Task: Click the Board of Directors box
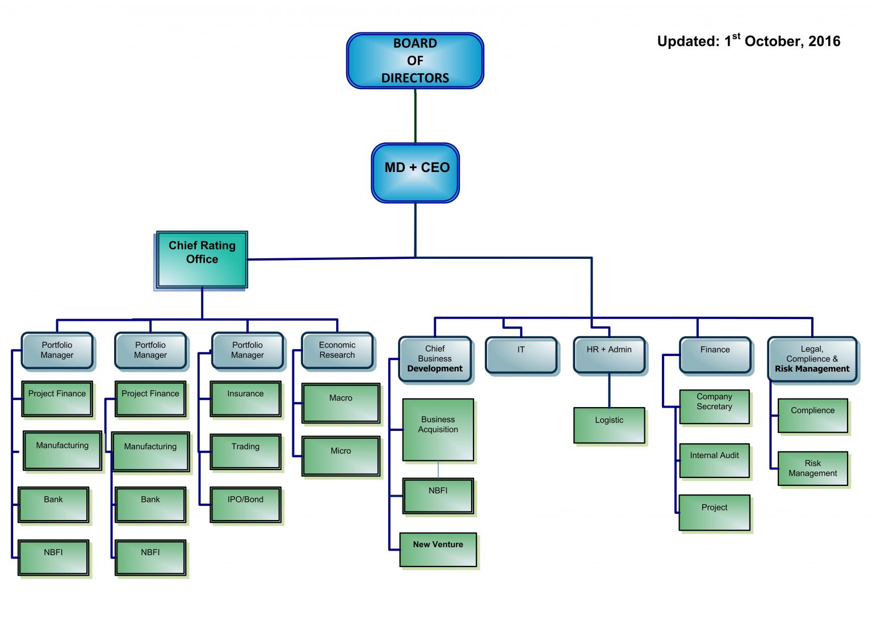(x=415, y=61)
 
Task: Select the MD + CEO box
(x=416, y=173)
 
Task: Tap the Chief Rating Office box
(x=202, y=259)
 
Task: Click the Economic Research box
(x=337, y=350)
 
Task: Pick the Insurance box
(x=245, y=399)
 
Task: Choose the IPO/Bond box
(x=245, y=505)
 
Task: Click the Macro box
(x=341, y=403)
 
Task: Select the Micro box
(x=341, y=456)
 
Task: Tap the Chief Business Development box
(x=435, y=359)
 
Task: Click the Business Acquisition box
(x=438, y=430)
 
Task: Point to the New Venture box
(x=438, y=550)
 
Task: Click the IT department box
(x=521, y=355)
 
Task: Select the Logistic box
(x=609, y=425)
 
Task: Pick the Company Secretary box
(x=714, y=406)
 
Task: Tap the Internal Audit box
(x=714, y=460)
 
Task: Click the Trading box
(x=245, y=452)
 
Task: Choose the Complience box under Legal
(x=813, y=416)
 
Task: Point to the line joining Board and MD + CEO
(x=416, y=116)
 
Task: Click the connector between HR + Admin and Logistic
(x=609, y=391)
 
